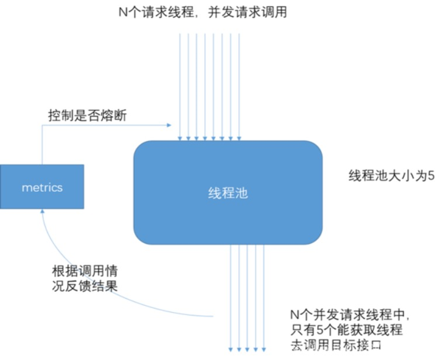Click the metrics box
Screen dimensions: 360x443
point(42,187)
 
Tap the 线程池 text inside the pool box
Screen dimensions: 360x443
point(228,194)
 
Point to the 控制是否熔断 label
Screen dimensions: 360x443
point(87,116)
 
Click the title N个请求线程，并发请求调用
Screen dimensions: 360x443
point(202,12)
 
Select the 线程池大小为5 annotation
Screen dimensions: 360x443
point(391,175)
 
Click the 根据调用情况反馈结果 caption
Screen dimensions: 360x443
point(85,279)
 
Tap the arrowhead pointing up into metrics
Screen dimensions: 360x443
point(42,212)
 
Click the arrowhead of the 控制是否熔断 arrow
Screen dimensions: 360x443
point(169,125)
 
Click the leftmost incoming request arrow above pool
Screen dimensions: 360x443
point(180,85)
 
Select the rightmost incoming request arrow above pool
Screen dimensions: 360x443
point(239,85)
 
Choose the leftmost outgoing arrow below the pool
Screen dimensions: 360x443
point(230,297)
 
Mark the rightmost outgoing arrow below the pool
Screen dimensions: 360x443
point(264,297)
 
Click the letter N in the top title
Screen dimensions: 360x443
point(123,12)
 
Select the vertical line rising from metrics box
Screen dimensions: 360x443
point(42,144)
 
